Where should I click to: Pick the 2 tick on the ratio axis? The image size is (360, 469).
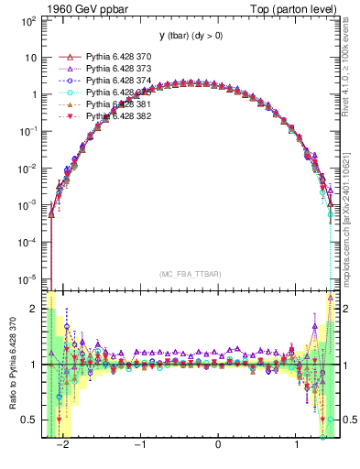36,310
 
